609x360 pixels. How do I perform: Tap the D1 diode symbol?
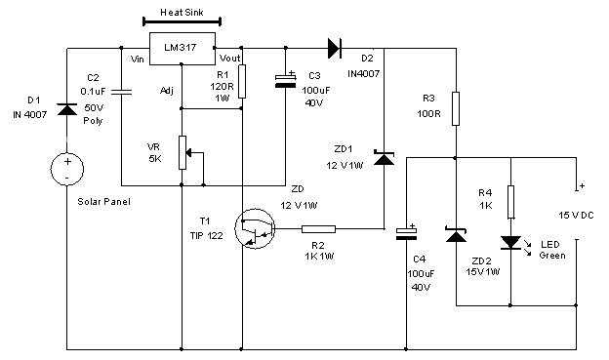pyautogui.click(x=66, y=108)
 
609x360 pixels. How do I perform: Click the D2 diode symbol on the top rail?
pyautogui.click(x=335, y=46)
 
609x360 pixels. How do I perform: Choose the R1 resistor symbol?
pyautogui.click(x=241, y=81)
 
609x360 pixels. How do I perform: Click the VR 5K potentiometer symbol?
pyautogui.click(x=183, y=151)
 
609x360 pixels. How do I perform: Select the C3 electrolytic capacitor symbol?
pyautogui.click(x=285, y=80)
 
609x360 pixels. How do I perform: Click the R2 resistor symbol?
pyautogui.click(x=318, y=229)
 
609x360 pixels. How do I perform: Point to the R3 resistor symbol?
pyautogui.click(x=456, y=106)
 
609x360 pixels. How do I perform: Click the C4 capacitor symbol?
pyautogui.click(x=406, y=232)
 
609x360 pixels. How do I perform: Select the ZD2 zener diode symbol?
pyautogui.click(x=456, y=234)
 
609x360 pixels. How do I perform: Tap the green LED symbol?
pyautogui.click(x=509, y=240)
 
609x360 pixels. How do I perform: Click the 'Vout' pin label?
pyautogui.click(x=218, y=59)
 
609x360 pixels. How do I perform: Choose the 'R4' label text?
pyautogui.click(x=485, y=192)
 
